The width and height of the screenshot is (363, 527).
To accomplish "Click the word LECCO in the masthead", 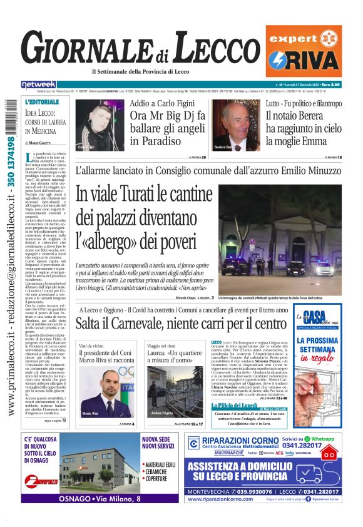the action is [213, 48].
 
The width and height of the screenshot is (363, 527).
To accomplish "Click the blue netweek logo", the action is [38, 84].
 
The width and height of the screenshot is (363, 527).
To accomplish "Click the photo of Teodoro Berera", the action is [240, 125].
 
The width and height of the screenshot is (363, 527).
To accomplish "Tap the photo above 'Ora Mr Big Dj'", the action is [100, 125].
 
